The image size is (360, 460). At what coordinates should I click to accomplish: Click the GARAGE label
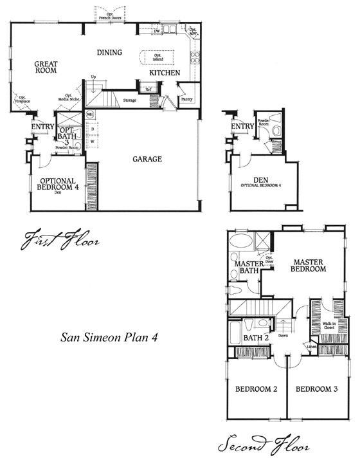[x=147, y=159]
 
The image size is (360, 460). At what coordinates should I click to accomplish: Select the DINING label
[x=110, y=52]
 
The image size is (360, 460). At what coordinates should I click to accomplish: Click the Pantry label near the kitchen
[x=186, y=100]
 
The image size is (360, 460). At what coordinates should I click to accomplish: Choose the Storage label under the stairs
[x=130, y=100]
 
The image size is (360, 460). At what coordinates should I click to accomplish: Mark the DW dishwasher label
[x=157, y=30]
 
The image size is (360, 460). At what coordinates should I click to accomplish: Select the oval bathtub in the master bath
[x=243, y=244]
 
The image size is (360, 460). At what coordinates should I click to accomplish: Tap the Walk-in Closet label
[x=330, y=325]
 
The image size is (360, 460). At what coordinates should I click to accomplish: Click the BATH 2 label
[x=256, y=337]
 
